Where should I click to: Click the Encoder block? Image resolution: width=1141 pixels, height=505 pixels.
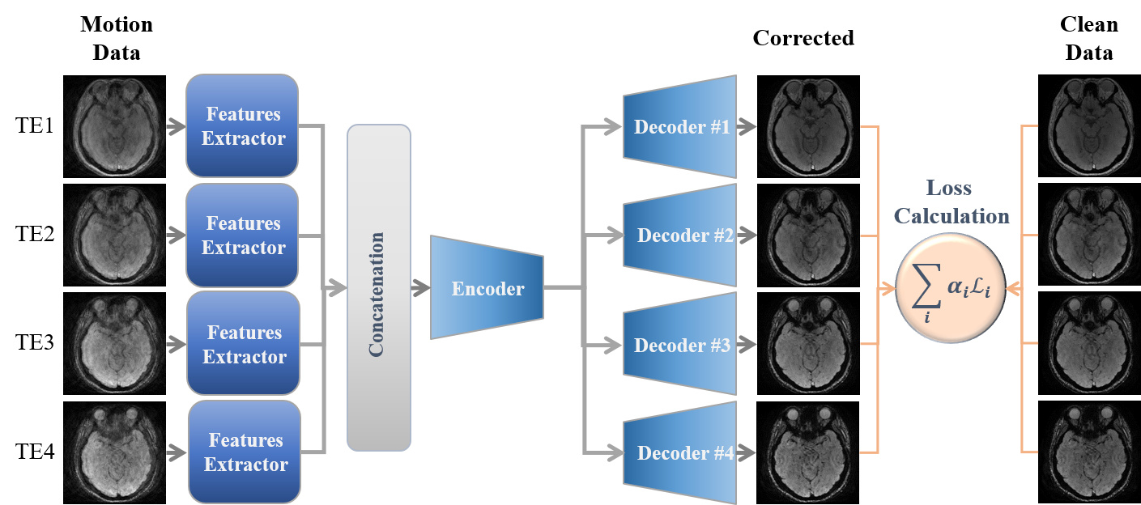point(487,287)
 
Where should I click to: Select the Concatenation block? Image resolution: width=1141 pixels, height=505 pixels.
point(378,287)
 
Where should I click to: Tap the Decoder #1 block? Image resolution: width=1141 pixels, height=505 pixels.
point(679,127)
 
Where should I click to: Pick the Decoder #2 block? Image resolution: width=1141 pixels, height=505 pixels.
point(679,236)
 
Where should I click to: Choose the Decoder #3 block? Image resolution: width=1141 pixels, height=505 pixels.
point(679,346)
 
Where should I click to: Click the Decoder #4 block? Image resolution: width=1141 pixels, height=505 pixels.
point(679,453)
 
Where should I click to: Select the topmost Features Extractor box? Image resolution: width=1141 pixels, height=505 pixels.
point(242,125)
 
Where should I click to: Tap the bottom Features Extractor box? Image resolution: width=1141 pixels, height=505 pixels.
point(245,452)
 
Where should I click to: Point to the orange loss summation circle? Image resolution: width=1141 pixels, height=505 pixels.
point(950,287)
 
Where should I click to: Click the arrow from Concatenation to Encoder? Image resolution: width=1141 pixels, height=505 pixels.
point(420,287)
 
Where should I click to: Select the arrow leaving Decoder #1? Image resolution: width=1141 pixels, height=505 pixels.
point(747,127)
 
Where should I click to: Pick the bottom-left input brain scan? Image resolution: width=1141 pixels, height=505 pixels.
point(115,453)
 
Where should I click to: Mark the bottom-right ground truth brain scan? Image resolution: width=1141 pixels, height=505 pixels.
point(1090,453)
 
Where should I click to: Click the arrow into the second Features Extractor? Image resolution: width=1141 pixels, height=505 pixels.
point(176,236)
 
